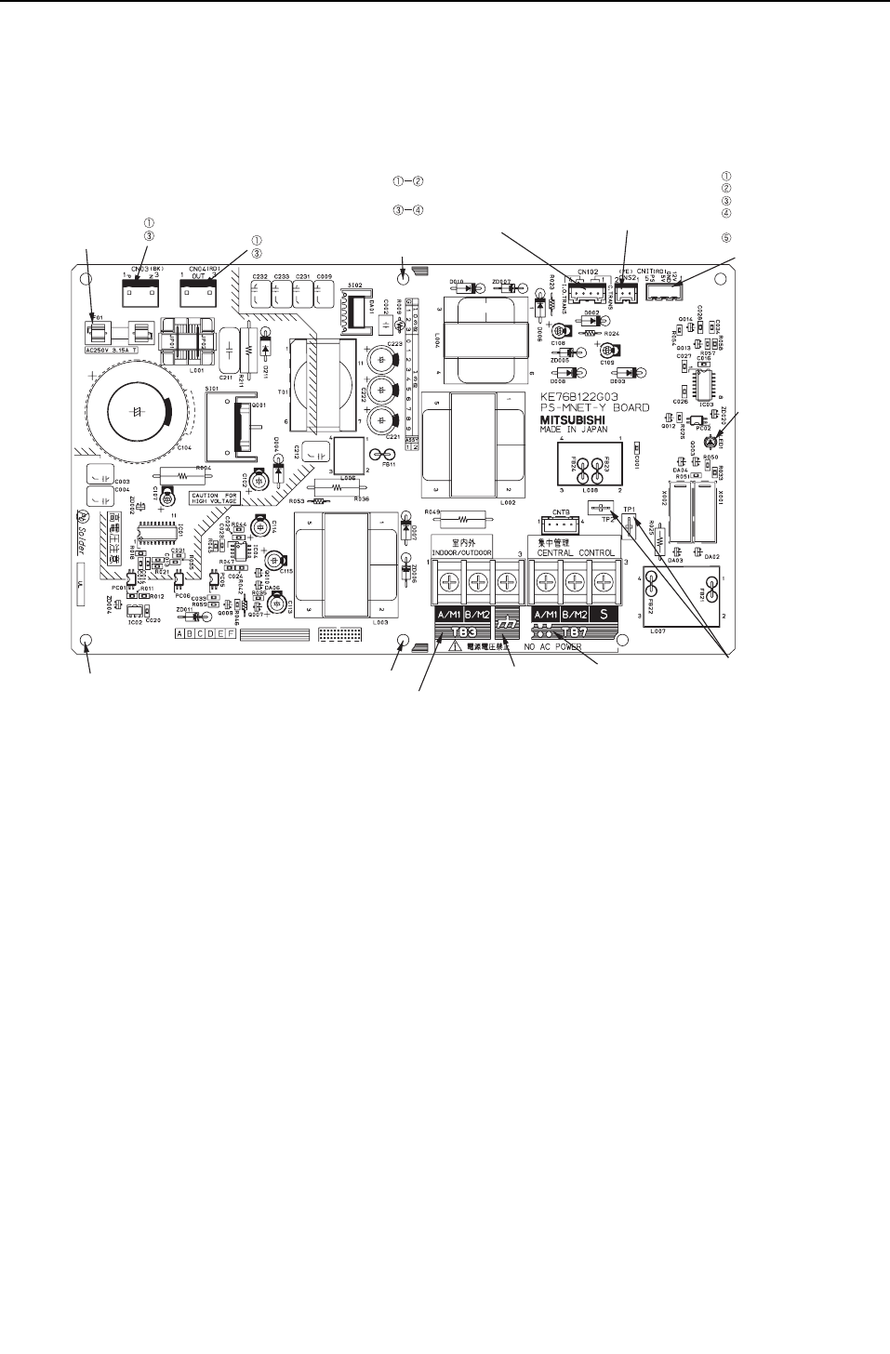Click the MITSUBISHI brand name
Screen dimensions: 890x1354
click(573, 419)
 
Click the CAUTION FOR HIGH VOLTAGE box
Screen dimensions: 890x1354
click(214, 498)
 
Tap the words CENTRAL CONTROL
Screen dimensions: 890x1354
click(576, 552)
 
